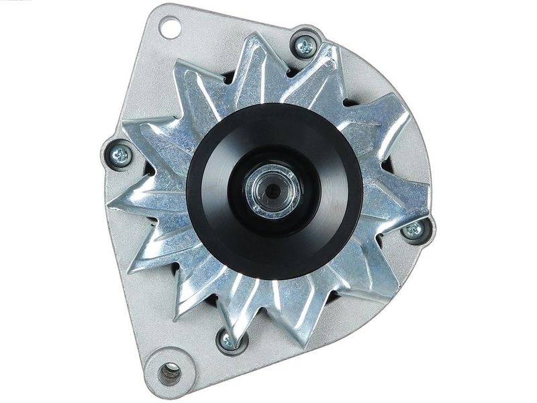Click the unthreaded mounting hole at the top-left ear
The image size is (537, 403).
click(170, 28)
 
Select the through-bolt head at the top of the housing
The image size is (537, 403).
click(305, 46)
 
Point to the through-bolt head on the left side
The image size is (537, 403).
click(121, 156)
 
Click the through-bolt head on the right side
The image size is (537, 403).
click(414, 230)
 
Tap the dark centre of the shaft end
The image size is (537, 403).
click(273, 191)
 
